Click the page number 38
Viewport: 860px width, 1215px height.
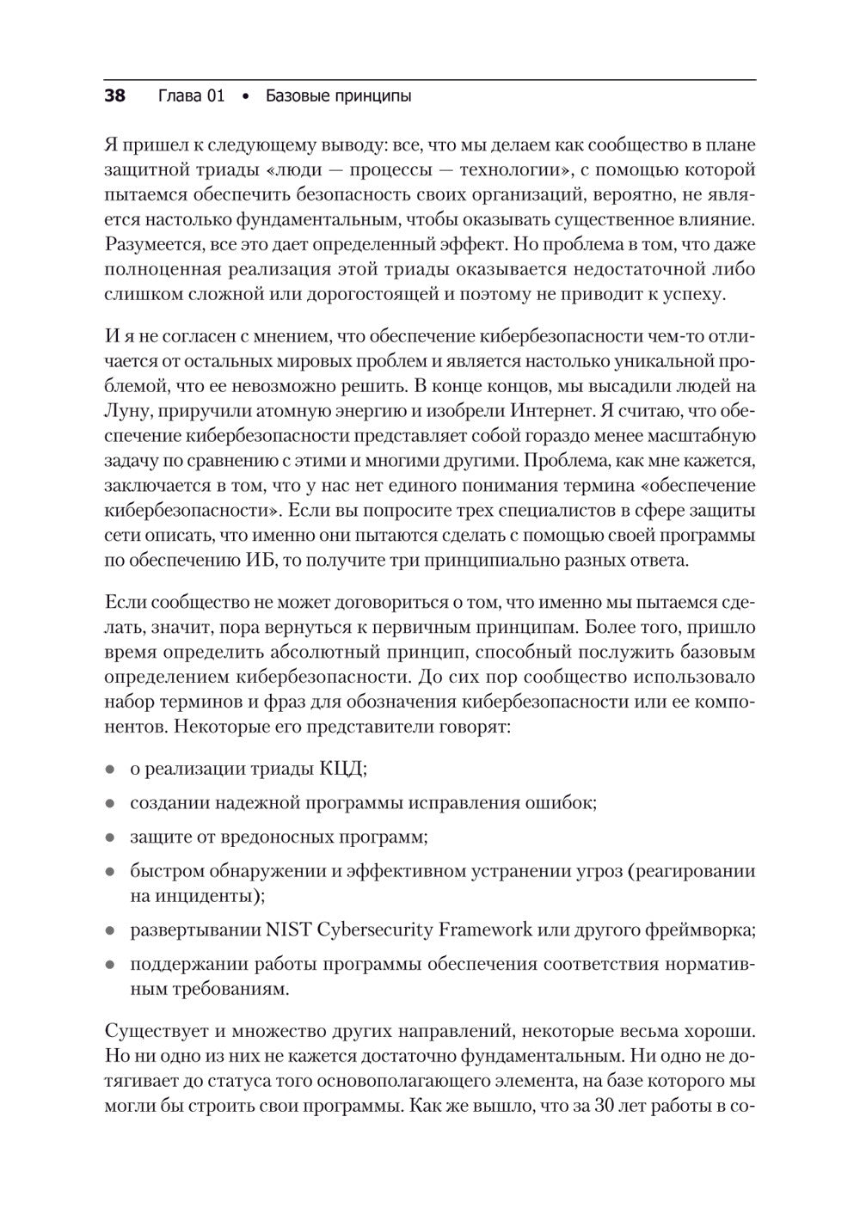coord(114,95)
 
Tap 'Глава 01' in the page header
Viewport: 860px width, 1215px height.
coord(191,95)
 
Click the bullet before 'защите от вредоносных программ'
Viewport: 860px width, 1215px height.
coord(110,837)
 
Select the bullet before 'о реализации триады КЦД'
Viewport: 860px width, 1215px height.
coord(110,770)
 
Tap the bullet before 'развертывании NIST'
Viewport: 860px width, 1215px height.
coord(110,931)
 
